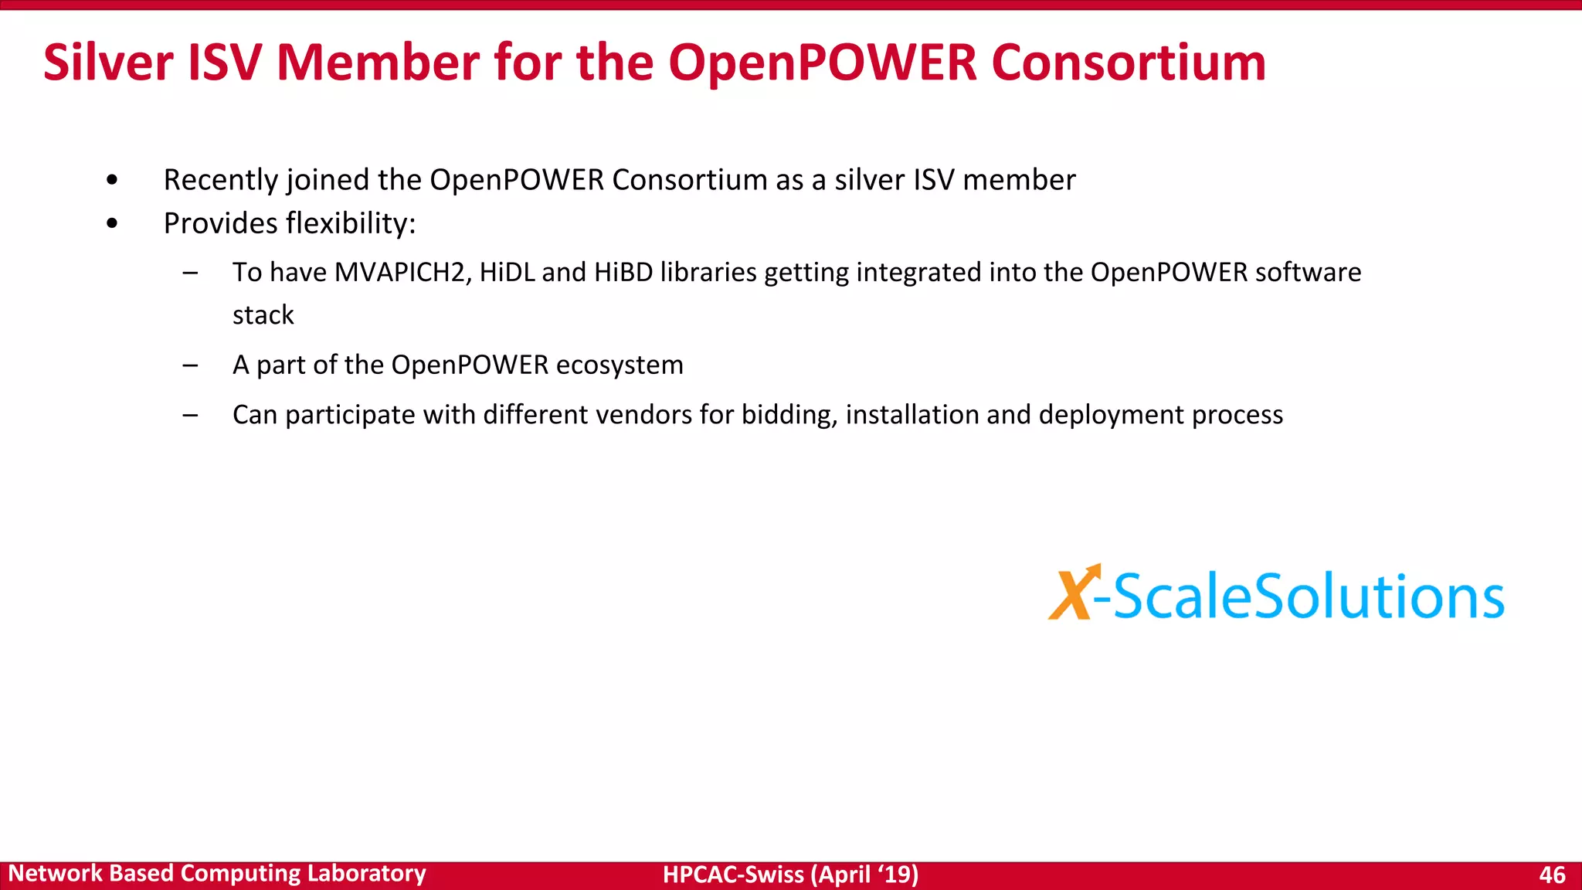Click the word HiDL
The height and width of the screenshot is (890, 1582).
[x=507, y=273]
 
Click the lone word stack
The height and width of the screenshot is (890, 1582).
[x=263, y=315]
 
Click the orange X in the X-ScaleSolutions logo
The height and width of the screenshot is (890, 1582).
[x=1072, y=593]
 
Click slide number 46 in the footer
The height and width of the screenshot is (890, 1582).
[x=1552, y=875]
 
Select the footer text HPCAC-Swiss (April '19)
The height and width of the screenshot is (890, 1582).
[x=790, y=875]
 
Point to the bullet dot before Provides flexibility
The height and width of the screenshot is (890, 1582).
[x=113, y=224]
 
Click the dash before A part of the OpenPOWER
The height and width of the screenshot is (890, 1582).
[x=190, y=365]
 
